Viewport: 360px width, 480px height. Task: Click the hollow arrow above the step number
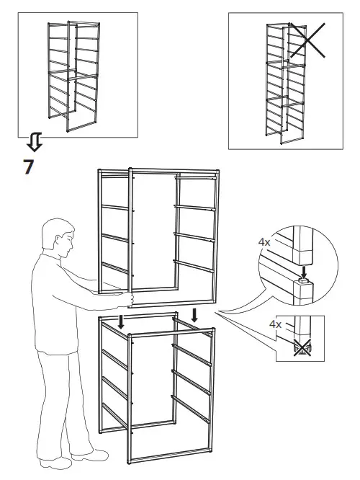click(x=34, y=142)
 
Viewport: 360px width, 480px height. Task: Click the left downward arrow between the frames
click(x=122, y=320)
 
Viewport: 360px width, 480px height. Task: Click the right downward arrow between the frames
click(x=194, y=314)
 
